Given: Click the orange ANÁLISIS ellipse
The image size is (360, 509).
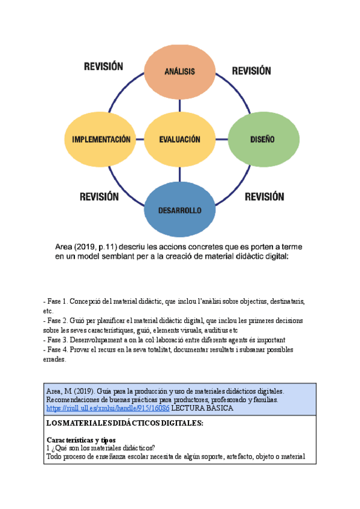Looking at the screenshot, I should click(x=179, y=71).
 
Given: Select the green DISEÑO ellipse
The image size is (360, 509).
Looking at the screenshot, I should click(x=262, y=139).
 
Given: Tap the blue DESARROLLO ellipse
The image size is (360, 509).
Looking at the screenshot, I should click(x=179, y=210).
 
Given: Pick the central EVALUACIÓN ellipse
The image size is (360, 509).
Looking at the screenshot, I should click(x=179, y=139).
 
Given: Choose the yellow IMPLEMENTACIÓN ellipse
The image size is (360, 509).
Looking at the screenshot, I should click(x=97, y=139).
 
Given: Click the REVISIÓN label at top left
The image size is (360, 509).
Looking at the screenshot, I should click(x=103, y=67).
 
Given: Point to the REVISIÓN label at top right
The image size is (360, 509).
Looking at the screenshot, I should click(x=251, y=71).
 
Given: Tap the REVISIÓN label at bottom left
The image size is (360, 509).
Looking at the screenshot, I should click(x=99, y=196).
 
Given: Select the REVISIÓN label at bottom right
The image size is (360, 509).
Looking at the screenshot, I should click(x=265, y=196).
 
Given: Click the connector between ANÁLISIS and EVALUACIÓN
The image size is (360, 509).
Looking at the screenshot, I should click(x=179, y=107).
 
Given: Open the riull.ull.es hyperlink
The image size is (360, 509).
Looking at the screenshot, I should click(x=108, y=408).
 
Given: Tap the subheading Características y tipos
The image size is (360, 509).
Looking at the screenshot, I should click(x=81, y=440).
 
